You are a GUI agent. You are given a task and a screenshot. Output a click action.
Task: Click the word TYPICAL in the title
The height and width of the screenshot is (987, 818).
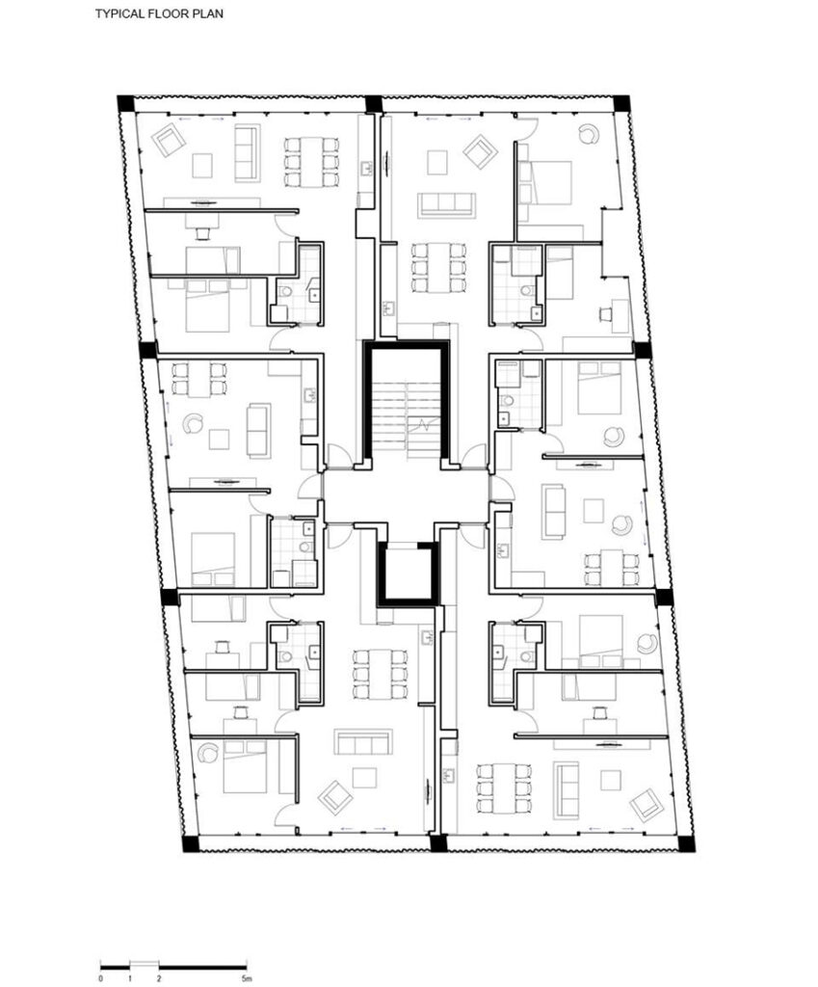[x=118, y=15]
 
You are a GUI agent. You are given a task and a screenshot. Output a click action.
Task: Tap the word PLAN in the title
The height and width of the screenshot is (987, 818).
[x=209, y=15]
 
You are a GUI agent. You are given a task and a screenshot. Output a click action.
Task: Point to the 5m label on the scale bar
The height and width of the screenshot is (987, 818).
[x=246, y=978]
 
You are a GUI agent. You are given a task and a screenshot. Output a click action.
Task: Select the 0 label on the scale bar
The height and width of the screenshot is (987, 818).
[x=102, y=978]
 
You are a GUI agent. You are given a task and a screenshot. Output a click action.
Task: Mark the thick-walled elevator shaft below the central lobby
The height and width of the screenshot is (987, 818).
[x=406, y=574]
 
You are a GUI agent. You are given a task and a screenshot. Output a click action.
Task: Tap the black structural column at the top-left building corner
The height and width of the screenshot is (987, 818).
[x=124, y=102]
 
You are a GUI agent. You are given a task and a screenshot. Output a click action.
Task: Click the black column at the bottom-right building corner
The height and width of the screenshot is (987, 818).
[x=686, y=843]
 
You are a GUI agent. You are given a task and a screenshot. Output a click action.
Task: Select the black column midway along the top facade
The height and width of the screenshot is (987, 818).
[x=373, y=102]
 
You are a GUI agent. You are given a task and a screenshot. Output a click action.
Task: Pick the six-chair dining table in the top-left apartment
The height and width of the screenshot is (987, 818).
[x=311, y=161]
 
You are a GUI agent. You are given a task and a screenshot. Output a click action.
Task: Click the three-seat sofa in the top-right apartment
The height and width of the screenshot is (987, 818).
[x=446, y=204]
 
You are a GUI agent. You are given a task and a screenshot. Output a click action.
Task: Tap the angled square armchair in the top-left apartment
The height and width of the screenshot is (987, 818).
[x=170, y=141]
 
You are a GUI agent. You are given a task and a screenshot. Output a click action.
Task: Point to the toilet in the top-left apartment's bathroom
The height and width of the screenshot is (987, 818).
[x=287, y=291]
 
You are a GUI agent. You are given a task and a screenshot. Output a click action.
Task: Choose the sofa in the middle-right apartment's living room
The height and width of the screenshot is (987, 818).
[x=554, y=511]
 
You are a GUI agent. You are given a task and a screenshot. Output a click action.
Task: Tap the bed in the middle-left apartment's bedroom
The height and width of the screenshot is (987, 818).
[x=213, y=559]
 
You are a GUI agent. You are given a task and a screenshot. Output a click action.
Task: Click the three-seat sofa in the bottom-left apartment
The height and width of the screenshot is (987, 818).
[x=363, y=742]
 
